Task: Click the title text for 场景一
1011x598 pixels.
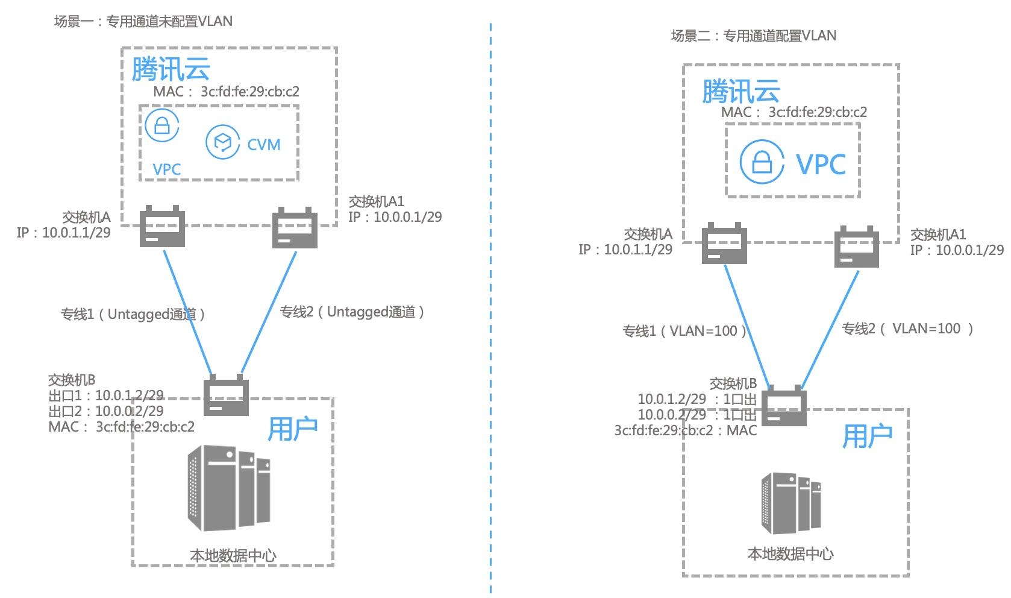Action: click(x=143, y=22)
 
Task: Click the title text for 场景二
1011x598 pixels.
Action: click(x=754, y=36)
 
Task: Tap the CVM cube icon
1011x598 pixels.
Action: click(x=223, y=142)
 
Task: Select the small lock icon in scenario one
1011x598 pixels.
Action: click(x=162, y=125)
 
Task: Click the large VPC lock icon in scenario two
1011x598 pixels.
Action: click(x=762, y=162)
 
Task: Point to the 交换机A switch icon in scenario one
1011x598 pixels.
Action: click(x=162, y=227)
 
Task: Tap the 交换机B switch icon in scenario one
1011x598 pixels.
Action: click(x=226, y=395)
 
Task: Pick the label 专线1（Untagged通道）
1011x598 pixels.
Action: click(x=133, y=314)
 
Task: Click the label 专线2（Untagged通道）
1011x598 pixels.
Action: click(x=352, y=312)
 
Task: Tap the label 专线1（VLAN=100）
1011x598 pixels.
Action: click(x=684, y=331)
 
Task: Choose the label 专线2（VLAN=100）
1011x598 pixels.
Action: click(x=907, y=329)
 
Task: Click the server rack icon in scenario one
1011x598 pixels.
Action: click(x=229, y=488)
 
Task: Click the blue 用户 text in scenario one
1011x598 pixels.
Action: click(x=293, y=429)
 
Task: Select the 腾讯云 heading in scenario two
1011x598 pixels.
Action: click(x=741, y=92)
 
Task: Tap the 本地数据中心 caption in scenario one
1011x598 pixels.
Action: click(x=233, y=555)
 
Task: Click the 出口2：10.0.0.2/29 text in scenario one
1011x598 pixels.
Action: click(x=106, y=411)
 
